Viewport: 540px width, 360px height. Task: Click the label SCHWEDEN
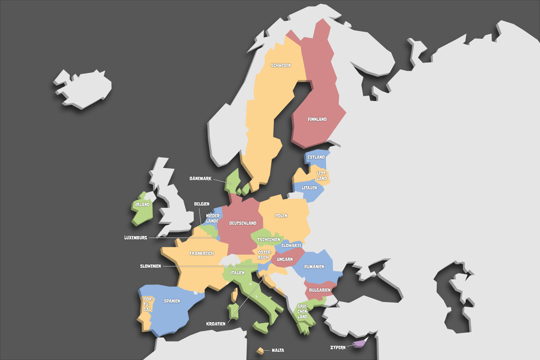click(281, 65)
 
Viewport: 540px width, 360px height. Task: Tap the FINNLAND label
click(317, 119)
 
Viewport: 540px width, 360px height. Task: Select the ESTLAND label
click(316, 157)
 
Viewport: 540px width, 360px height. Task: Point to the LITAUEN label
click(309, 188)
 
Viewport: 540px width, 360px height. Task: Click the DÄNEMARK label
click(200, 179)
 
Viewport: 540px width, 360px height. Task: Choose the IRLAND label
click(142, 204)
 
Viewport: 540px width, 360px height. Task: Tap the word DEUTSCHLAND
click(243, 223)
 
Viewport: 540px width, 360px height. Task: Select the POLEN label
click(281, 216)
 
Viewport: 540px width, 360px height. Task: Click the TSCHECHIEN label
click(268, 239)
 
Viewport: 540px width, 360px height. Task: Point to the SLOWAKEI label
click(291, 245)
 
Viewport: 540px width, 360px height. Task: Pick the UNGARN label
click(285, 259)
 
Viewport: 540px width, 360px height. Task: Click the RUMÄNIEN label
click(314, 267)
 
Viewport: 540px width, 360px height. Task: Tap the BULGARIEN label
click(320, 290)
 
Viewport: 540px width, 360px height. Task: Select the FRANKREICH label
click(201, 253)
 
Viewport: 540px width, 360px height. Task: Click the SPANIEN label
click(172, 301)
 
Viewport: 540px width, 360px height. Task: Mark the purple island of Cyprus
click(359, 344)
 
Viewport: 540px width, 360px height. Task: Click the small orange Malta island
click(260, 351)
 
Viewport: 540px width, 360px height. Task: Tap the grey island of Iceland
click(84, 88)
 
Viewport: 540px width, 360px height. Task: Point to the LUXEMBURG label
click(136, 238)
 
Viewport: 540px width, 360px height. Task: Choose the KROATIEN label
click(216, 324)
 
